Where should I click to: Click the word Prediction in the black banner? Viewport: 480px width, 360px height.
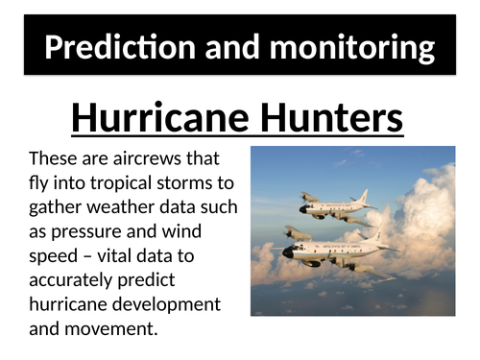(x=109, y=48)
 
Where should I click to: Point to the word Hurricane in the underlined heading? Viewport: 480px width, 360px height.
(x=160, y=119)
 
